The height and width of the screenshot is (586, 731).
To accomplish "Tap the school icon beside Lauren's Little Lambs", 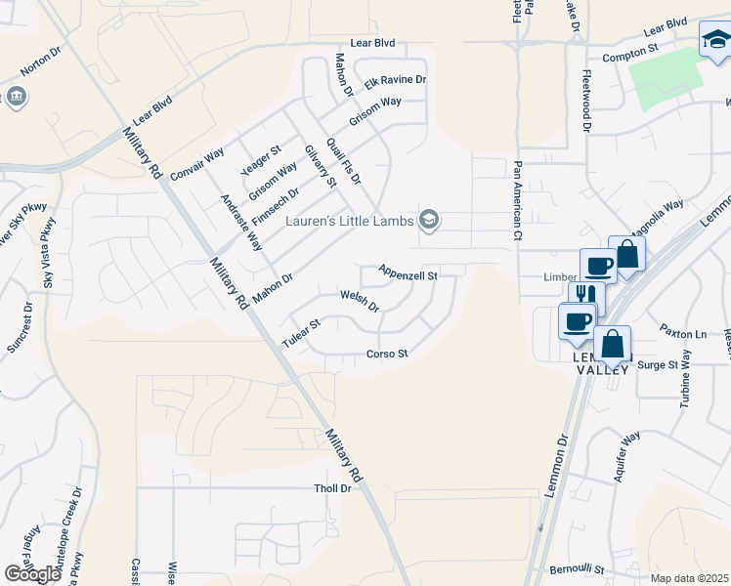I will (428, 221).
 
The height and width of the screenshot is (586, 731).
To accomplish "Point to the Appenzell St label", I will (407, 275).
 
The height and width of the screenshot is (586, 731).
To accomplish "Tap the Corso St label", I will (386, 354).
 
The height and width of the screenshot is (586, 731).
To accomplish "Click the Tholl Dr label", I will (331, 488).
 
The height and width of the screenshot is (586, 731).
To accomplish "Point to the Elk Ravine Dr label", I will (396, 79).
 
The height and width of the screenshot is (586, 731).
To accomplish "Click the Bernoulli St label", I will (578, 568).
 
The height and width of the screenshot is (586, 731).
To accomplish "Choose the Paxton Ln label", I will (681, 333).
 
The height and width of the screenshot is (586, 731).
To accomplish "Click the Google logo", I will (32, 573).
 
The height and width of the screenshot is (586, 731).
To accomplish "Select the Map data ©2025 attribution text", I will (688, 578).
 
